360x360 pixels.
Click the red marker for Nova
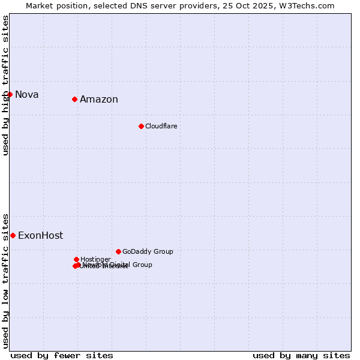[x=10, y=94]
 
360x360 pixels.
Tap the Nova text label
[x=27, y=94]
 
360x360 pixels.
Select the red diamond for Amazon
[x=74, y=99]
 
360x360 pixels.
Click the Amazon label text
[x=99, y=100]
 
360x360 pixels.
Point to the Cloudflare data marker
[x=141, y=126]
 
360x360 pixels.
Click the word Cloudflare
[x=161, y=126]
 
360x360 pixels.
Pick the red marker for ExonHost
[x=13, y=235]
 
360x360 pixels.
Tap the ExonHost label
[x=40, y=235]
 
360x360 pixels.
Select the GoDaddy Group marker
[x=118, y=251]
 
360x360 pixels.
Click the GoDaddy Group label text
[x=148, y=251]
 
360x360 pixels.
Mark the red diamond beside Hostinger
[x=76, y=259]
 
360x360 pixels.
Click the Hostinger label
[x=95, y=259]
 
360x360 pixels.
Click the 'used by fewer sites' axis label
[x=62, y=355]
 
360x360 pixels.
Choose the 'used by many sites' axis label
[x=301, y=355]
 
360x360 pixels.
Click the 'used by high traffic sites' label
[x=5, y=85]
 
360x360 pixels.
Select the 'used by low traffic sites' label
[x=5, y=280]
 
